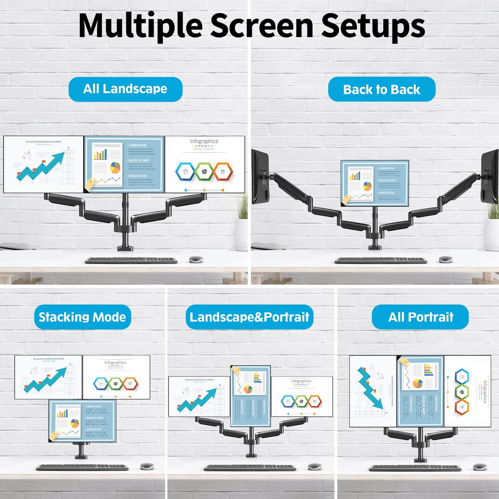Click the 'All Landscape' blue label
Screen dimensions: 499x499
coord(125,89)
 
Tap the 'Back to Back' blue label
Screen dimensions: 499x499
coord(381,89)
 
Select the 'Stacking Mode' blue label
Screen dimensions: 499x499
coord(82,317)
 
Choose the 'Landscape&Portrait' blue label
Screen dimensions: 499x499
coord(249,317)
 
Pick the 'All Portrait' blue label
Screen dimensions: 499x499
coord(420,317)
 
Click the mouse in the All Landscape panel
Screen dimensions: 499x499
coord(196,259)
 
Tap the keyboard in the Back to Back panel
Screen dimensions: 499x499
coord(380,260)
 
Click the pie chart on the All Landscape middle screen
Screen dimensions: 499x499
coord(115,168)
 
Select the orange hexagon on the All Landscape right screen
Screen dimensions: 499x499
coord(223,172)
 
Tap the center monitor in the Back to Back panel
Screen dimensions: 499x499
coord(375,183)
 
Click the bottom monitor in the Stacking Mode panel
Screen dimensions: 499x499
coord(82,420)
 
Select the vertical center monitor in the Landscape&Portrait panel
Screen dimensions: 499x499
coord(250,396)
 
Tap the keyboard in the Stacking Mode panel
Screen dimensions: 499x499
coord(82,468)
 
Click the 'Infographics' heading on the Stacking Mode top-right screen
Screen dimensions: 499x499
coord(115,362)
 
